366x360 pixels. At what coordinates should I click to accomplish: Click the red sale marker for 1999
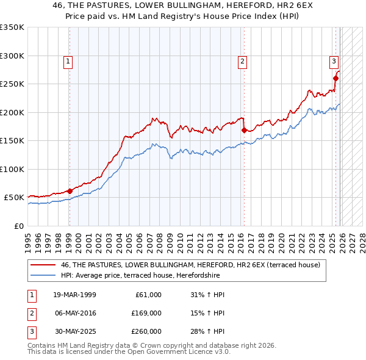(70, 191)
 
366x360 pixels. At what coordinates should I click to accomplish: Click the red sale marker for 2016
(244, 130)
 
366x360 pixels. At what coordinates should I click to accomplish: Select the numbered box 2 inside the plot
(242, 61)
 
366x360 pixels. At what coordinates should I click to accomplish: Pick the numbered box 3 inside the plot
(334, 61)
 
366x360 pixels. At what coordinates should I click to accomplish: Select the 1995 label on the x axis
(28, 239)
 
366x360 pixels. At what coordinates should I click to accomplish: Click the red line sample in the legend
(43, 265)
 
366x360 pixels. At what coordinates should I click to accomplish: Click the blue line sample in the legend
(43, 275)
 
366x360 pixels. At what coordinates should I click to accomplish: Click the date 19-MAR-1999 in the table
(74, 295)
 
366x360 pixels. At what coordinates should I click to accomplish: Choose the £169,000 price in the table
(147, 313)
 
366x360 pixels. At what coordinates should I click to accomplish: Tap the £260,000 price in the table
(147, 331)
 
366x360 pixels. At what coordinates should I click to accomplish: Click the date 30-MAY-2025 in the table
(74, 331)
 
